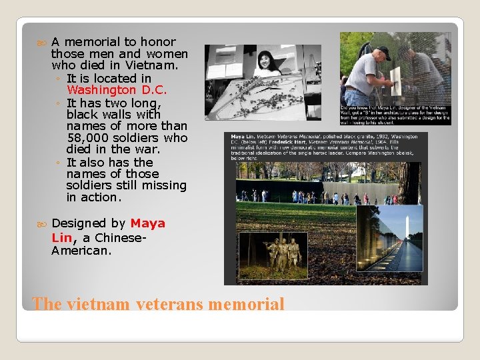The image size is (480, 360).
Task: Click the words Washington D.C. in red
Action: click(x=117, y=90)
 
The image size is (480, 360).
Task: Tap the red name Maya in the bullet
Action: click(x=148, y=223)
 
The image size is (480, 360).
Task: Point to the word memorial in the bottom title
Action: click(x=246, y=305)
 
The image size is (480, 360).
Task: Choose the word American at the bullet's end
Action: click(x=79, y=251)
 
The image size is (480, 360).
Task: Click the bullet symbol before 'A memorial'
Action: click(x=43, y=42)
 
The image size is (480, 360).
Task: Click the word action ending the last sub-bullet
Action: click(x=101, y=197)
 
